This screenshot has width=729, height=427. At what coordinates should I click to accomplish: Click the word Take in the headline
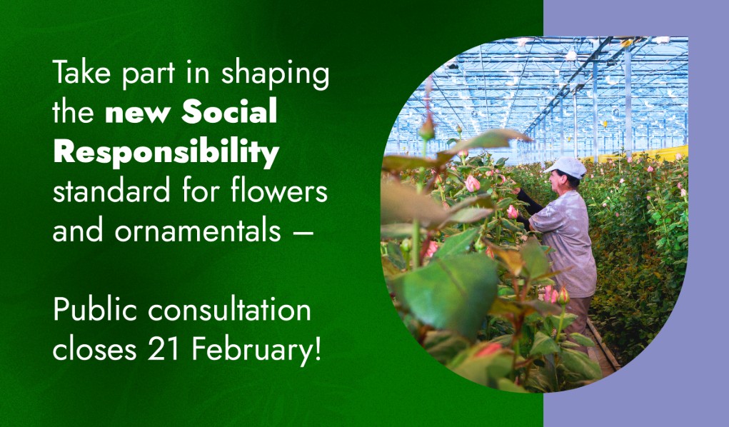(x=81, y=72)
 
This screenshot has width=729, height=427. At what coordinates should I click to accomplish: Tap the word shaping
(x=275, y=74)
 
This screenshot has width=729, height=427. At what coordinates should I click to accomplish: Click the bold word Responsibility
(x=166, y=151)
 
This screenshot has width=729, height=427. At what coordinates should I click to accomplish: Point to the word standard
(x=111, y=191)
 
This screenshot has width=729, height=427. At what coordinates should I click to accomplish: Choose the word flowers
(x=279, y=191)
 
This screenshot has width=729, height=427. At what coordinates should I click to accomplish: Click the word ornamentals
(x=198, y=231)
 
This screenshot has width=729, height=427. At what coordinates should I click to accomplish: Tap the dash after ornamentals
(x=303, y=231)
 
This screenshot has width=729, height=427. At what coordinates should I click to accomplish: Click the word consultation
(x=230, y=310)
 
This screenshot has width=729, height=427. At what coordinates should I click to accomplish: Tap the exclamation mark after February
(x=318, y=350)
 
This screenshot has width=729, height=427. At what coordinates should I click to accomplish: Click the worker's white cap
(x=565, y=166)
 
